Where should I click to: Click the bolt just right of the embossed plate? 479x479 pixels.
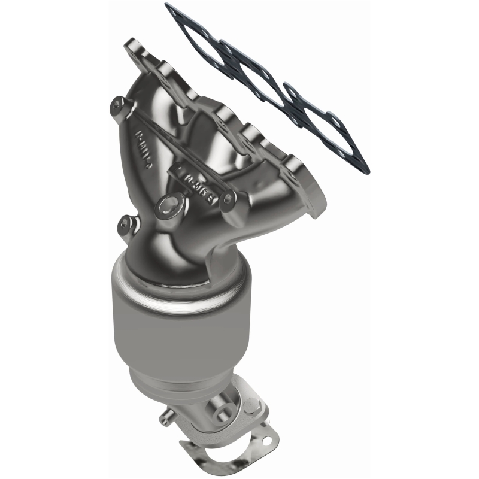tap(227, 195)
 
